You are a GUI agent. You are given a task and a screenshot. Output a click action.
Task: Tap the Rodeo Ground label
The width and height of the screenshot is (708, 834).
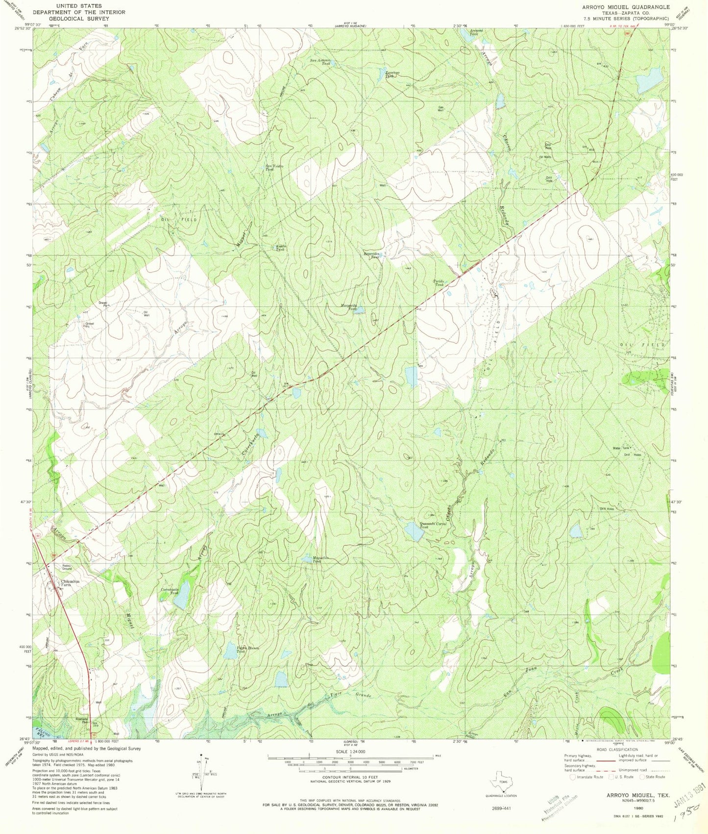point(67,567)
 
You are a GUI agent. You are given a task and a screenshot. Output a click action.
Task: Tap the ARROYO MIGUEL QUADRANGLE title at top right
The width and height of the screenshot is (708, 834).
point(624,7)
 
